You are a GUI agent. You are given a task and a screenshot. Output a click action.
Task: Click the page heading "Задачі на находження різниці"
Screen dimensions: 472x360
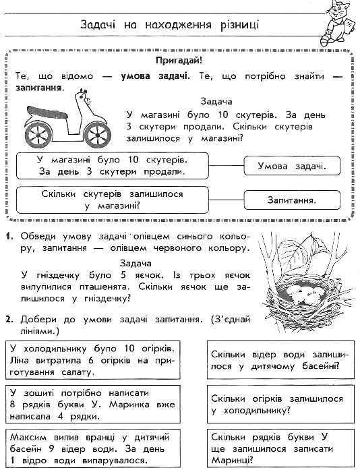[169, 26]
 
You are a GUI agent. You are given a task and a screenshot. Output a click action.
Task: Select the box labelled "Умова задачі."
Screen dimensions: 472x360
[291, 166]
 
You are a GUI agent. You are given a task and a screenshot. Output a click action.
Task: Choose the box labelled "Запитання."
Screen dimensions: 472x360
[291, 200]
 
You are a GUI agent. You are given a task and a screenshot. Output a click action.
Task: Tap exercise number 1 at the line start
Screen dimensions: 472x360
[8, 237]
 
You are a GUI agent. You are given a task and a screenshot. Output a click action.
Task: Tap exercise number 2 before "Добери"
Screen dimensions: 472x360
[8, 318]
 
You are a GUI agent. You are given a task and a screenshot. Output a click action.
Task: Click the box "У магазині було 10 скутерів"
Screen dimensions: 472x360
[112, 165]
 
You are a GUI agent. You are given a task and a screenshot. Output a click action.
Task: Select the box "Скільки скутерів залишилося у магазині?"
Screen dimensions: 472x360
[112, 200]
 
